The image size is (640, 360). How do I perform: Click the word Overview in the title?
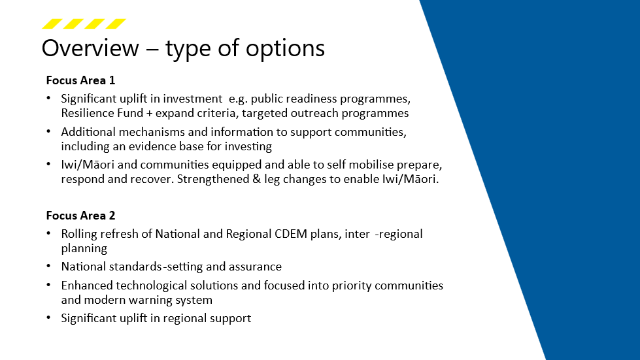tap(90, 48)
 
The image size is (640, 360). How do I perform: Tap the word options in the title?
tap(285, 50)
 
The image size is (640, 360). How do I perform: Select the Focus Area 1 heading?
tap(80, 80)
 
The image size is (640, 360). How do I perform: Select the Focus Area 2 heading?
tap(80, 215)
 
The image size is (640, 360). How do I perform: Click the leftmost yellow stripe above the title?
tap(52, 24)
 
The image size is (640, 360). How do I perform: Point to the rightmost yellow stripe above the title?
tap(116, 24)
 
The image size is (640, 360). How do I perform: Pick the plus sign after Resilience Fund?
tap(149, 113)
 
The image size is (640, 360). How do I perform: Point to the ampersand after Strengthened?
tap(256, 179)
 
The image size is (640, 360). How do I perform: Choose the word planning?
tap(84, 249)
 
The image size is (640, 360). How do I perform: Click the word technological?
tap(152, 286)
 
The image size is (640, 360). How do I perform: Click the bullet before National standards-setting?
tap(48, 266)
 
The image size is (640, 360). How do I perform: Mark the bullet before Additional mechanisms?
tap(48, 131)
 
